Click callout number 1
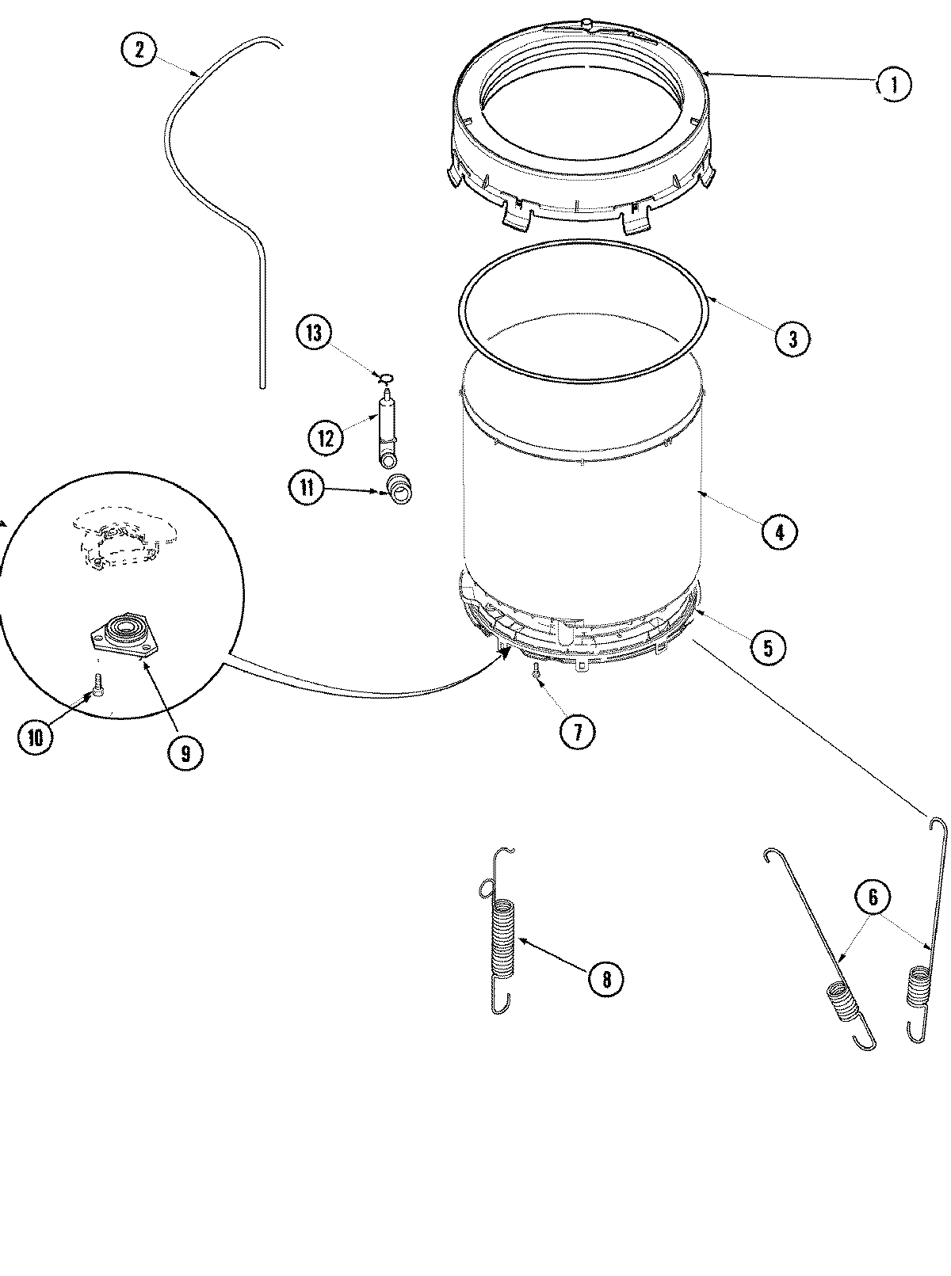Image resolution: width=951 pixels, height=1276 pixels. click(893, 84)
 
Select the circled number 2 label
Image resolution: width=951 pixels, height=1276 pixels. click(139, 51)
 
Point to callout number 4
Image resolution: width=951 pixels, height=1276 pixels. click(779, 532)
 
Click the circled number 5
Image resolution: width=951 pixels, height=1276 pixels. click(767, 647)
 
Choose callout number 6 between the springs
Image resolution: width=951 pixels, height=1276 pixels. click(873, 897)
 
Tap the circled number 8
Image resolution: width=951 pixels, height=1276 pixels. click(605, 979)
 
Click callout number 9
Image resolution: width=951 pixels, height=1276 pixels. click(185, 752)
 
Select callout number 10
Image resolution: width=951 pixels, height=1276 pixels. click(35, 737)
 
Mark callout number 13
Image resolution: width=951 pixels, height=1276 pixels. click(315, 333)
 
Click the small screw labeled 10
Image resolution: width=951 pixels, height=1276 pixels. click(97, 684)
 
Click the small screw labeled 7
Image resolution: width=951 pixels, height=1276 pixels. click(537, 670)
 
